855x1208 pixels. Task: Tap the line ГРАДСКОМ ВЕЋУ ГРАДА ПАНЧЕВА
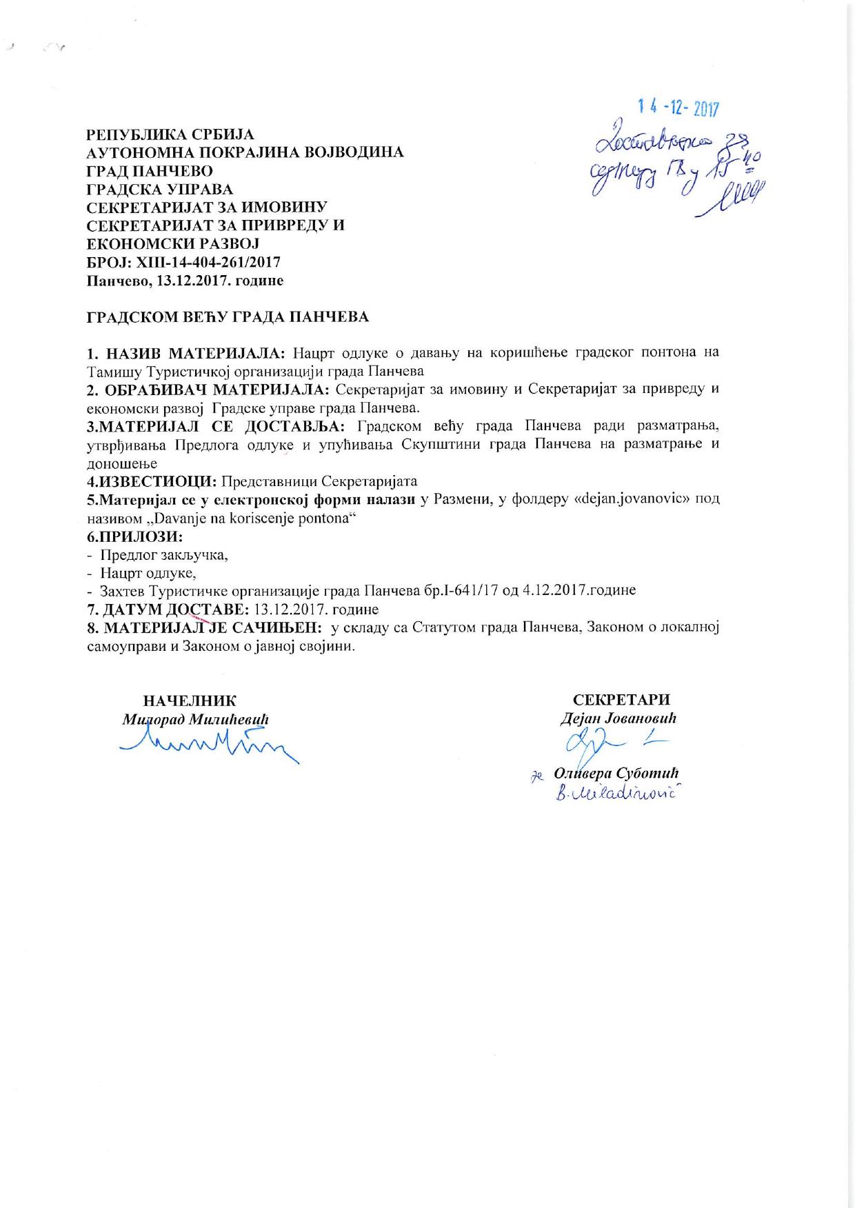228,317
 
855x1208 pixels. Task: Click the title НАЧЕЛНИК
190,701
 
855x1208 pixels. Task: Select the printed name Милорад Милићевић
195,718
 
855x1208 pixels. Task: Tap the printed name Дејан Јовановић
618,718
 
